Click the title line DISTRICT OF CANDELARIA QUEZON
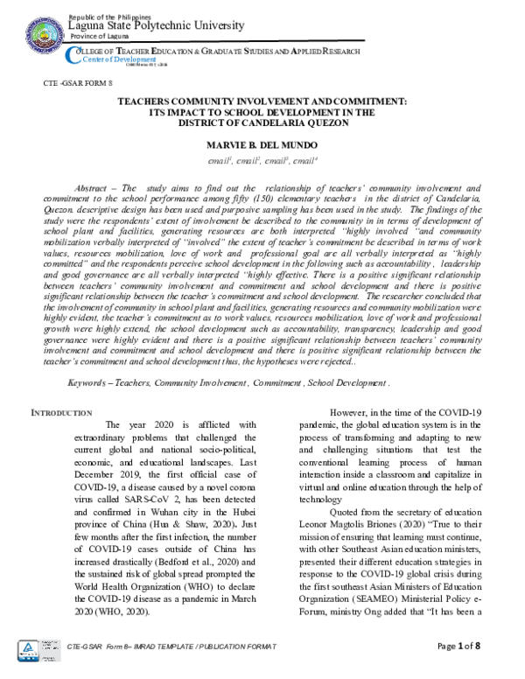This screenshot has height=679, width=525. [x=262, y=121]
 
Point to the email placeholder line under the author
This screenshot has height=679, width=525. [x=262, y=161]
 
